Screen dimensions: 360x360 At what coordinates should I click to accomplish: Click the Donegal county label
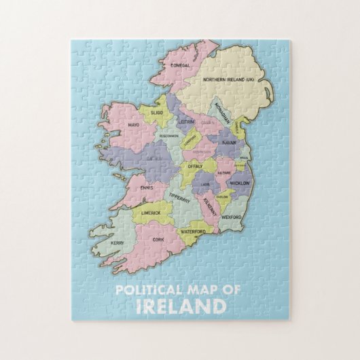181,65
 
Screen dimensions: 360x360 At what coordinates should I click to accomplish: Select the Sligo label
157,109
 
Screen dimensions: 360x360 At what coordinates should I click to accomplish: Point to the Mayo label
133,125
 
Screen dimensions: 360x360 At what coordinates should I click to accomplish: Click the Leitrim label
186,122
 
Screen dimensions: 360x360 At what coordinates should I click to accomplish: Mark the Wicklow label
240,183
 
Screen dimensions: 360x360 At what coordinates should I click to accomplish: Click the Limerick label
151,213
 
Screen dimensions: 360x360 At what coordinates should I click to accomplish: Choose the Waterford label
193,231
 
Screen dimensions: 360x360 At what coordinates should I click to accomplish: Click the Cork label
159,239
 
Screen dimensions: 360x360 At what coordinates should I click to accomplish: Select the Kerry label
118,242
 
